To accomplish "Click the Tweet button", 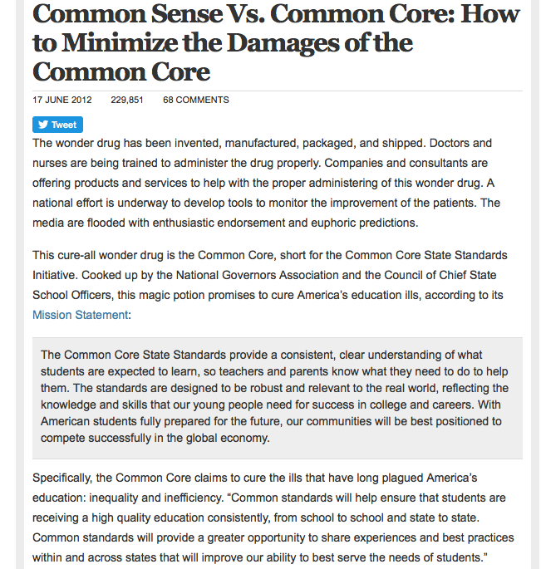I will [57, 125].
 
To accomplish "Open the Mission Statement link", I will [80, 315].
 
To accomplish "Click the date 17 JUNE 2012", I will [62, 101].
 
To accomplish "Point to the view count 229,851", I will [127, 101].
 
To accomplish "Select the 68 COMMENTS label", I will [195, 101].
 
